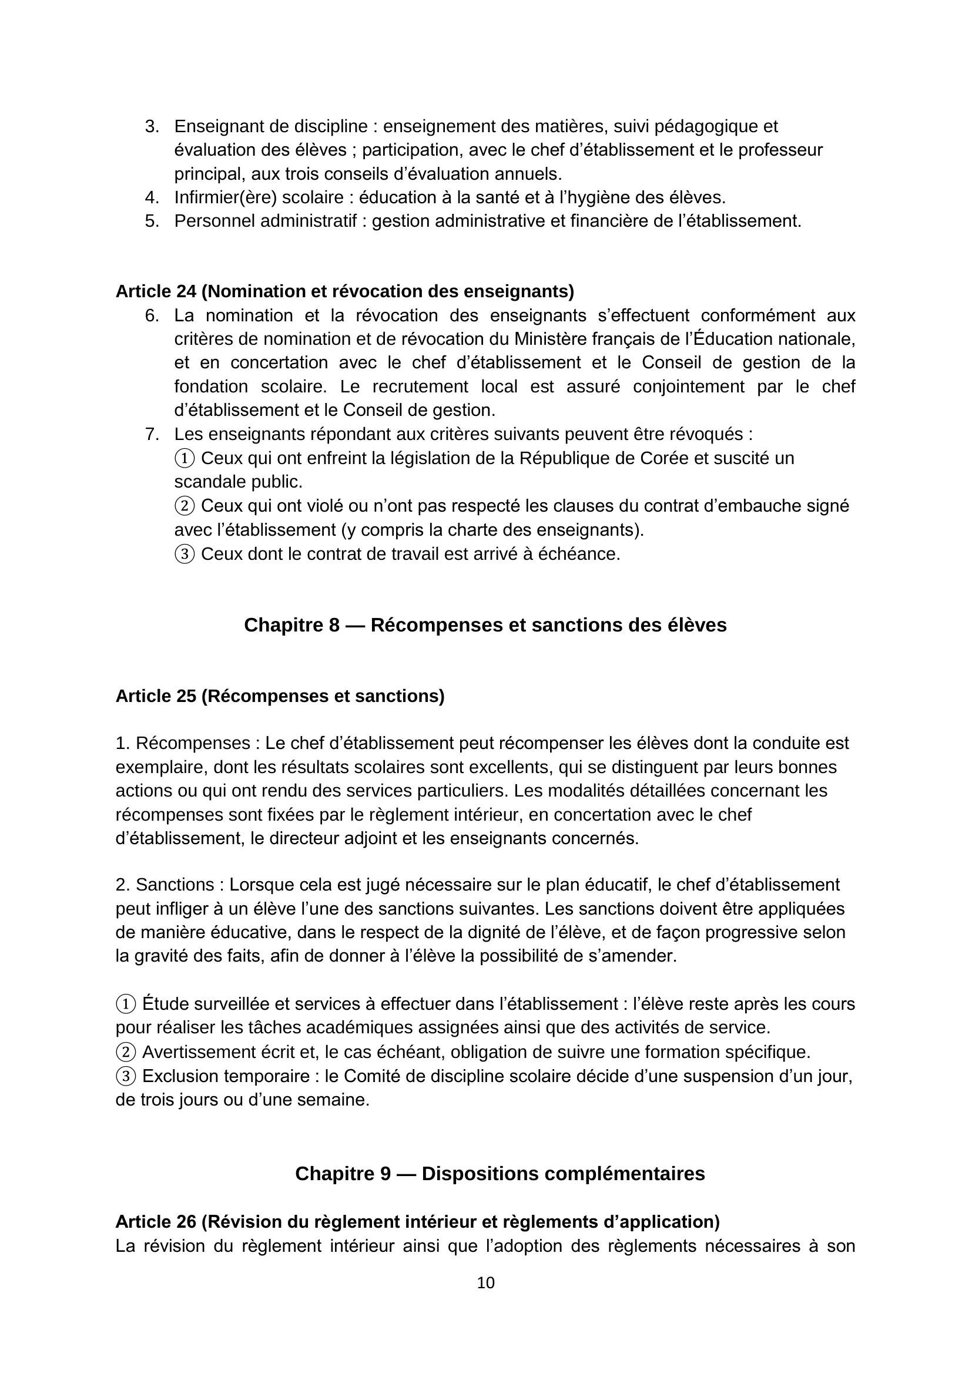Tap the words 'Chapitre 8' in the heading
coord(291,625)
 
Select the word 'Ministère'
coord(551,340)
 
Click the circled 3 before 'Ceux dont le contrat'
coord(185,555)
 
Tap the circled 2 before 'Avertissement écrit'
coord(126,1052)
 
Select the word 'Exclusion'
coord(180,1077)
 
